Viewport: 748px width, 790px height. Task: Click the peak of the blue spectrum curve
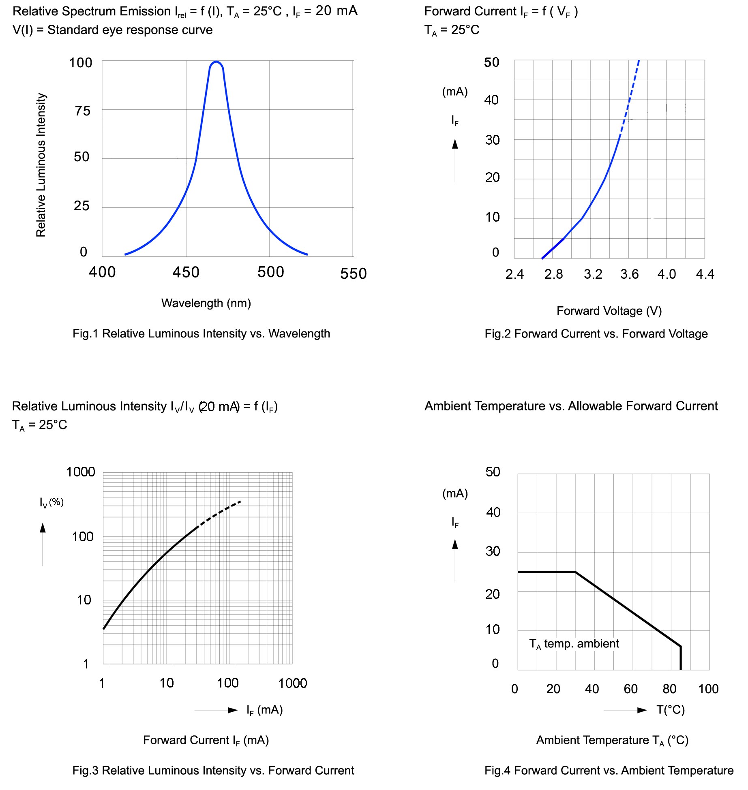coord(216,62)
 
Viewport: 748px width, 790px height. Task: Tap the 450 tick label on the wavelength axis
coord(186,272)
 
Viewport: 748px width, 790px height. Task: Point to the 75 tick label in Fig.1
coord(83,111)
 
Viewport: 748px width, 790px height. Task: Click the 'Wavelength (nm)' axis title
coord(206,303)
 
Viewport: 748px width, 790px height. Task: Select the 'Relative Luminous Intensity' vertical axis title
coord(41,165)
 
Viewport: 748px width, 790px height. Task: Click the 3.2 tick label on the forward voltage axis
coord(593,274)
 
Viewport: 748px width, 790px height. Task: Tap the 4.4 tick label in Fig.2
coord(705,274)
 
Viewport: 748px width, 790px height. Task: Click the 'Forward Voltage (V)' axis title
coord(609,311)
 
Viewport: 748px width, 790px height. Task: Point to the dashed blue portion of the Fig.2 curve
coord(630,97)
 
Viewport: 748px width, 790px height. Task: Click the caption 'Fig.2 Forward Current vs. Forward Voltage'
coord(596,334)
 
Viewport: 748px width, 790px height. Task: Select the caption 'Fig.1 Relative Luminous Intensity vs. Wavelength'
coord(201,333)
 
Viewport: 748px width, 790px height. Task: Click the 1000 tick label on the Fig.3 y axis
coord(81,472)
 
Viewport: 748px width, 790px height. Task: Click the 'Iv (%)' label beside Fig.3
coord(51,502)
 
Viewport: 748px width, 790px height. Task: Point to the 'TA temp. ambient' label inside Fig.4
coord(574,644)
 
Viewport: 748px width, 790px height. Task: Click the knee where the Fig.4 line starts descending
coord(575,572)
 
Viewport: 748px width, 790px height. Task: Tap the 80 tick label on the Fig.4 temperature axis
coord(669,689)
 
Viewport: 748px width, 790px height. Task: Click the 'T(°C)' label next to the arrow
coord(671,710)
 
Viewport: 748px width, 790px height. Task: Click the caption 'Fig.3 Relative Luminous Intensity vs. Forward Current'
coord(213,770)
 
